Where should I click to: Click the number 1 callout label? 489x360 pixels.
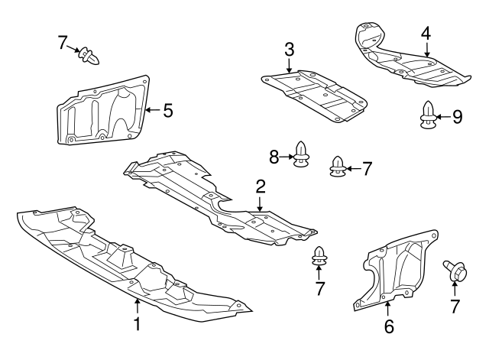click(x=138, y=324)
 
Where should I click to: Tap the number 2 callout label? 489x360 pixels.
click(x=261, y=186)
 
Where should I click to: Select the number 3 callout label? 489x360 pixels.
click(x=289, y=50)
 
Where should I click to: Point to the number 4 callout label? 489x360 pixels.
click(x=426, y=33)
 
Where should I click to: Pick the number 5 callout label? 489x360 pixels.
click(x=167, y=110)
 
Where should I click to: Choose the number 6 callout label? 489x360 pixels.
click(x=388, y=326)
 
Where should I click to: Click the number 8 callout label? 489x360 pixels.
click(x=274, y=157)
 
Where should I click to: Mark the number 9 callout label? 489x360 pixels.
click(x=458, y=116)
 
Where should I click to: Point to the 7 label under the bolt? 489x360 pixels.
click(x=455, y=307)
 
